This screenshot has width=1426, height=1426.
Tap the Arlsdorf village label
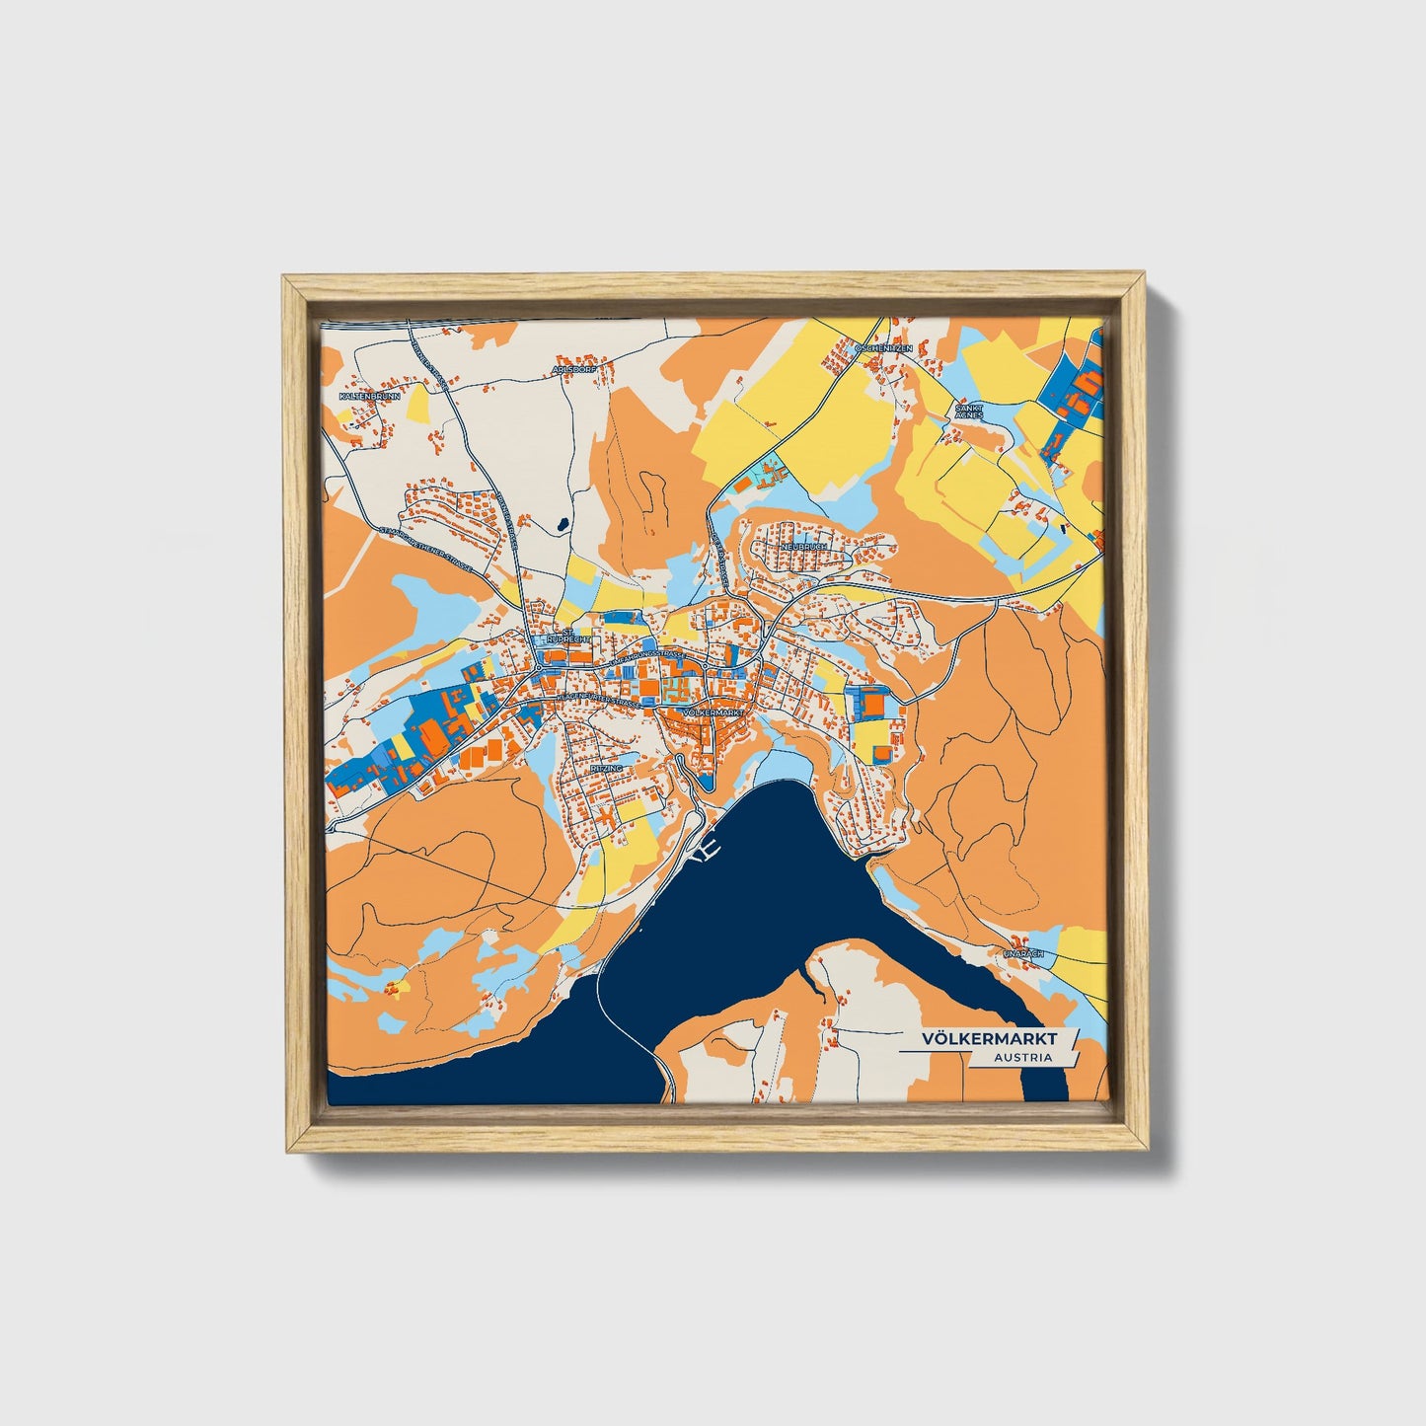click(x=574, y=370)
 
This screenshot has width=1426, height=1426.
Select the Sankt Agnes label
click(x=969, y=410)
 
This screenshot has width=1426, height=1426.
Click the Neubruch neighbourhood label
click(x=800, y=546)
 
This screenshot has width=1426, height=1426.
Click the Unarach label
click(x=1023, y=954)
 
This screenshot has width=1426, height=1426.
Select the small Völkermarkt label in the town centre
click(x=712, y=712)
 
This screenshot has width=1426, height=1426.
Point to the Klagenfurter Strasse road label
click(x=597, y=699)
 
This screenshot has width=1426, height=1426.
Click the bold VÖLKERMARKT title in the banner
click(x=989, y=1039)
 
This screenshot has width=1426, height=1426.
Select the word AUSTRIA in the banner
click(x=1022, y=1058)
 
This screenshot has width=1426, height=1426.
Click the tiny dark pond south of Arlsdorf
click(x=561, y=524)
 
